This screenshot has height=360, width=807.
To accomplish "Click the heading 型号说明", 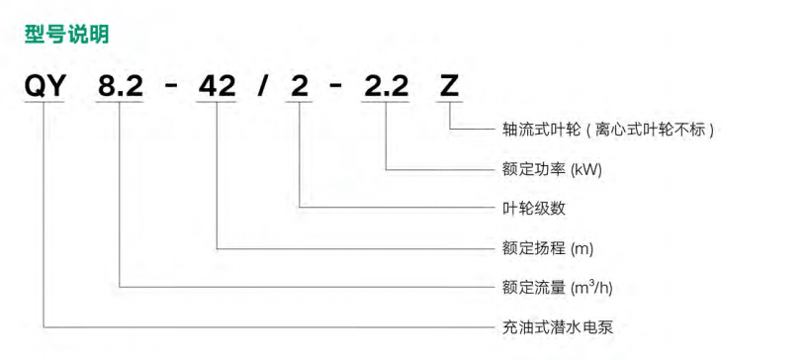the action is pyautogui.click(x=66, y=34).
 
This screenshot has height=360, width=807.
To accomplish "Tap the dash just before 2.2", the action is pyautogui.click(x=336, y=86).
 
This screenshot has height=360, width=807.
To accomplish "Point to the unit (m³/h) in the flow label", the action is pyautogui.click(x=597, y=287).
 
